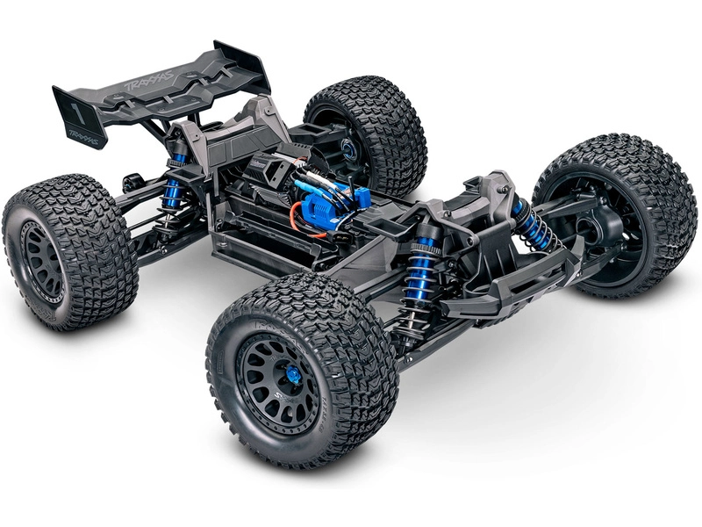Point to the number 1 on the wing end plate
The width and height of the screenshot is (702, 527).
coord(76,113)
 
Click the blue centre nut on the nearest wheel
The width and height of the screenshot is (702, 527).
coord(293,376)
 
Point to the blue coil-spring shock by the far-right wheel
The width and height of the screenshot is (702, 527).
coord(532,227)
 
